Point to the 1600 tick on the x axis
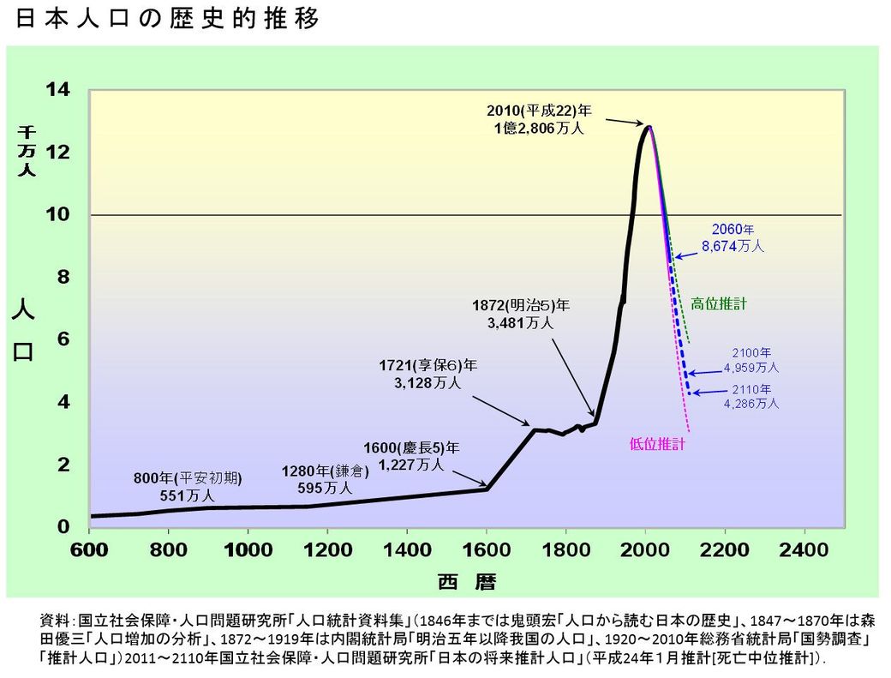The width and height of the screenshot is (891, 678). [487, 549]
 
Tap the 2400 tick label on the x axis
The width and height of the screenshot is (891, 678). [804, 549]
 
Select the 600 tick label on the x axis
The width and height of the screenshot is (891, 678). [90, 549]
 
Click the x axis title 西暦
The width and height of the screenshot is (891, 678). [467, 583]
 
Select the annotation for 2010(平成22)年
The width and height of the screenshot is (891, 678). [539, 120]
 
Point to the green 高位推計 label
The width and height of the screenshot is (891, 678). [718, 303]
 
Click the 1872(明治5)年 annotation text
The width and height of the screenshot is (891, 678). [522, 314]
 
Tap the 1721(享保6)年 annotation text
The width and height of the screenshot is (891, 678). [428, 374]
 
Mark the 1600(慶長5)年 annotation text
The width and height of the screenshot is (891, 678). [411, 456]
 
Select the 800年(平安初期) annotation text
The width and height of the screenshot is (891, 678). [188, 486]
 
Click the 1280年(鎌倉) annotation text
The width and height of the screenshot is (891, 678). [326, 479]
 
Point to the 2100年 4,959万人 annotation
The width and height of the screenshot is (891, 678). [750, 360]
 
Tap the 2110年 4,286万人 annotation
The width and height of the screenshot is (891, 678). [750, 395]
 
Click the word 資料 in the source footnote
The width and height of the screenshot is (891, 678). [56, 619]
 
